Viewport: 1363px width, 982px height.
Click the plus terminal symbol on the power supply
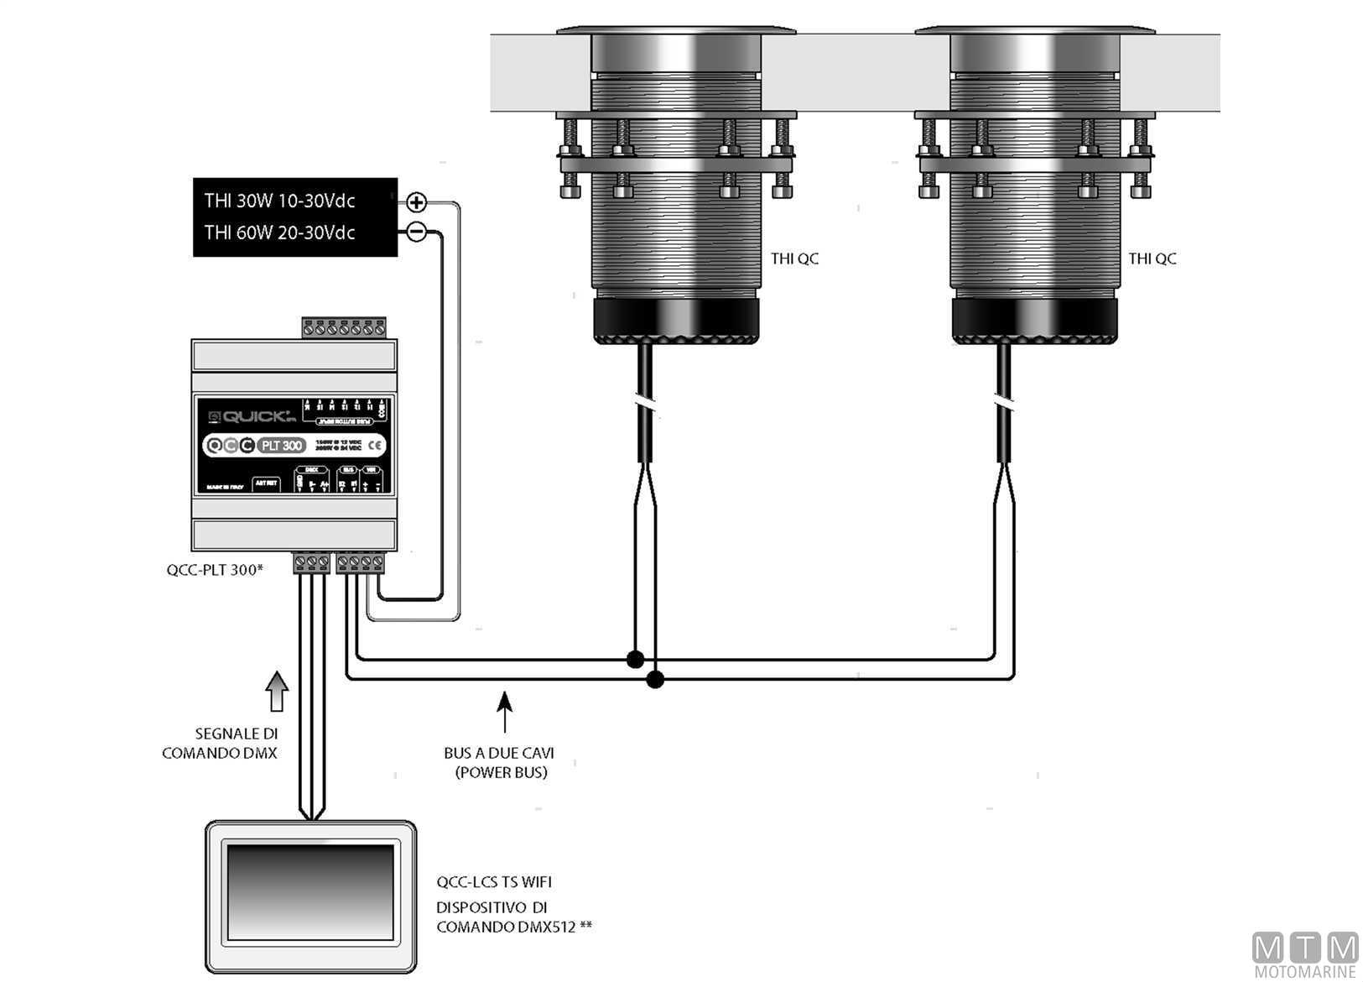tap(416, 202)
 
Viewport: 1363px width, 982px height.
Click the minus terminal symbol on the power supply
tap(416, 232)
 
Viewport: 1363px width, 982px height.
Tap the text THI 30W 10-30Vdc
tap(279, 201)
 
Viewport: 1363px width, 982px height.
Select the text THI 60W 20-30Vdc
tap(279, 232)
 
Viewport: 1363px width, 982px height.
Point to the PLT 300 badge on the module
tap(281, 446)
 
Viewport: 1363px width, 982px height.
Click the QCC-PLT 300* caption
tap(215, 570)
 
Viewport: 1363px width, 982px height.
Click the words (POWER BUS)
tap(501, 772)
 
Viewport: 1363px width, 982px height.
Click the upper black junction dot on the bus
tap(635, 660)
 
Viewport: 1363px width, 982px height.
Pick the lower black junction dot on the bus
tap(655, 680)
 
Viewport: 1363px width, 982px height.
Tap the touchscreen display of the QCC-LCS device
tap(310, 891)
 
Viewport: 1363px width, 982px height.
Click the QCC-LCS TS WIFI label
tap(494, 882)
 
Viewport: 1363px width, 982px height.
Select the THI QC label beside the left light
tap(794, 259)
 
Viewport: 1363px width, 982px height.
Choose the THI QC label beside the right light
tap(1152, 259)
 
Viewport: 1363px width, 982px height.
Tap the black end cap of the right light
tap(1034, 320)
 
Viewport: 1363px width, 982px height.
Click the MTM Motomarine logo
tap(1304, 954)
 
